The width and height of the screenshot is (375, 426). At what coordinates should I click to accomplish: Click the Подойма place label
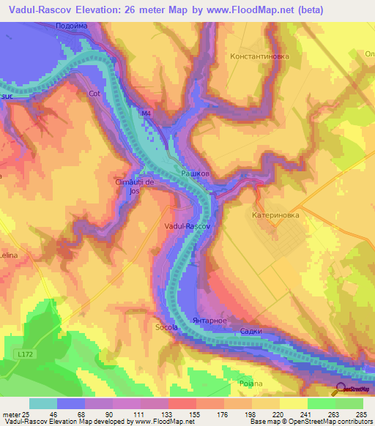(71, 26)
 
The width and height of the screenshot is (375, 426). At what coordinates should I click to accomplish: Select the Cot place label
(94, 94)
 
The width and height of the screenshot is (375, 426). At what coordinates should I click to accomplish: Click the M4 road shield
(146, 113)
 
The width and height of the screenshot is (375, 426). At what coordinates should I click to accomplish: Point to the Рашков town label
(196, 173)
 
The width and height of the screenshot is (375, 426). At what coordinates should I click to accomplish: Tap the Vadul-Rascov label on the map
(187, 227)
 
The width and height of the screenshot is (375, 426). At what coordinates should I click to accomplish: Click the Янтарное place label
(218, 321)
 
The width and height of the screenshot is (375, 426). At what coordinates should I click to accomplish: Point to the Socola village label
(166, 327)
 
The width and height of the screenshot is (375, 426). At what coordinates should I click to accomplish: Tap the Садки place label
(251, 332)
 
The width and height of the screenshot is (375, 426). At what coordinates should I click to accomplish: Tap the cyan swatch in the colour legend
(42, 403)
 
